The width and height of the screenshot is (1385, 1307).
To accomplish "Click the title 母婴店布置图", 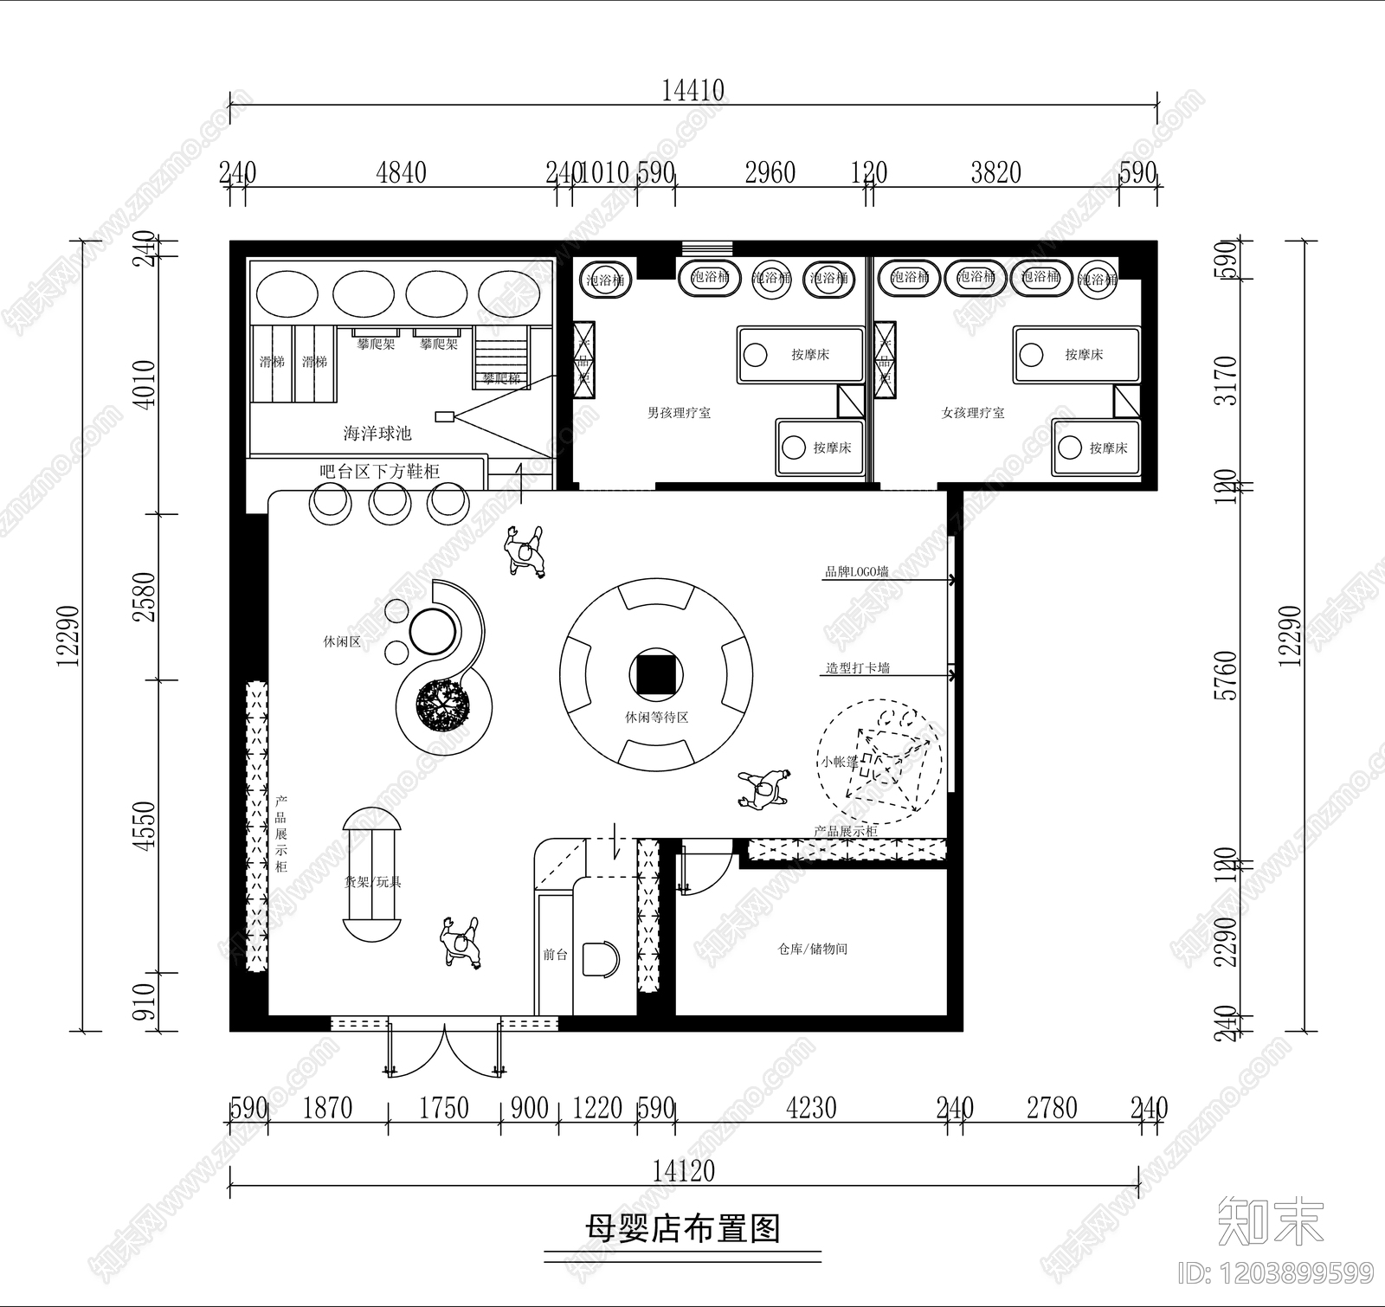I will tap(683, 1228).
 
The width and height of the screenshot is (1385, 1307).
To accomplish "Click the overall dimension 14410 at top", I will tap(692, 90).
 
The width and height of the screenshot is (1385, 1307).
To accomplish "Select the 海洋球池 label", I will tap(377, 433).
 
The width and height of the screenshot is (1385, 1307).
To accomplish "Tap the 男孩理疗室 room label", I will tap(679, 413).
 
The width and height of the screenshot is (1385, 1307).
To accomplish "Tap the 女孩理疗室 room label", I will tap(973, 413).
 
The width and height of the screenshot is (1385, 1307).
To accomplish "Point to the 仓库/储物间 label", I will tap(812, 949).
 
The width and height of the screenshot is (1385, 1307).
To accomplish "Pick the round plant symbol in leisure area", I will tap(442, 703).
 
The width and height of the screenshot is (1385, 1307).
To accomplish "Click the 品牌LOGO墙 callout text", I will tap(856, 571).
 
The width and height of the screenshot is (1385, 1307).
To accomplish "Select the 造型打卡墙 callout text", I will tap(857, 667).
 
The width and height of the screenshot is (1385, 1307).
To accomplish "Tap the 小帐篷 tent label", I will tap(839, 762).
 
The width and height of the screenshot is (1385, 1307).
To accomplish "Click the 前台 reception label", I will tap(555, 955).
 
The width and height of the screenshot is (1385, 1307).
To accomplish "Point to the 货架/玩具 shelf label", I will tap(372, 882).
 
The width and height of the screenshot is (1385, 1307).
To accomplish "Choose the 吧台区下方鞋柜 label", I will tap(379, 472).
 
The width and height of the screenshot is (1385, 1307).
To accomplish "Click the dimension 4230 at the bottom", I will tap(811, 1107).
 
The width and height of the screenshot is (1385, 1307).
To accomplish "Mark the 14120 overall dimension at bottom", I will tap(683, 1171).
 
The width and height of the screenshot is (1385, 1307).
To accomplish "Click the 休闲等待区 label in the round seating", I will tap(656, 718).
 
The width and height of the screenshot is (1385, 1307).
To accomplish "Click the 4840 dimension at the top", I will tap(401, 172).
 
